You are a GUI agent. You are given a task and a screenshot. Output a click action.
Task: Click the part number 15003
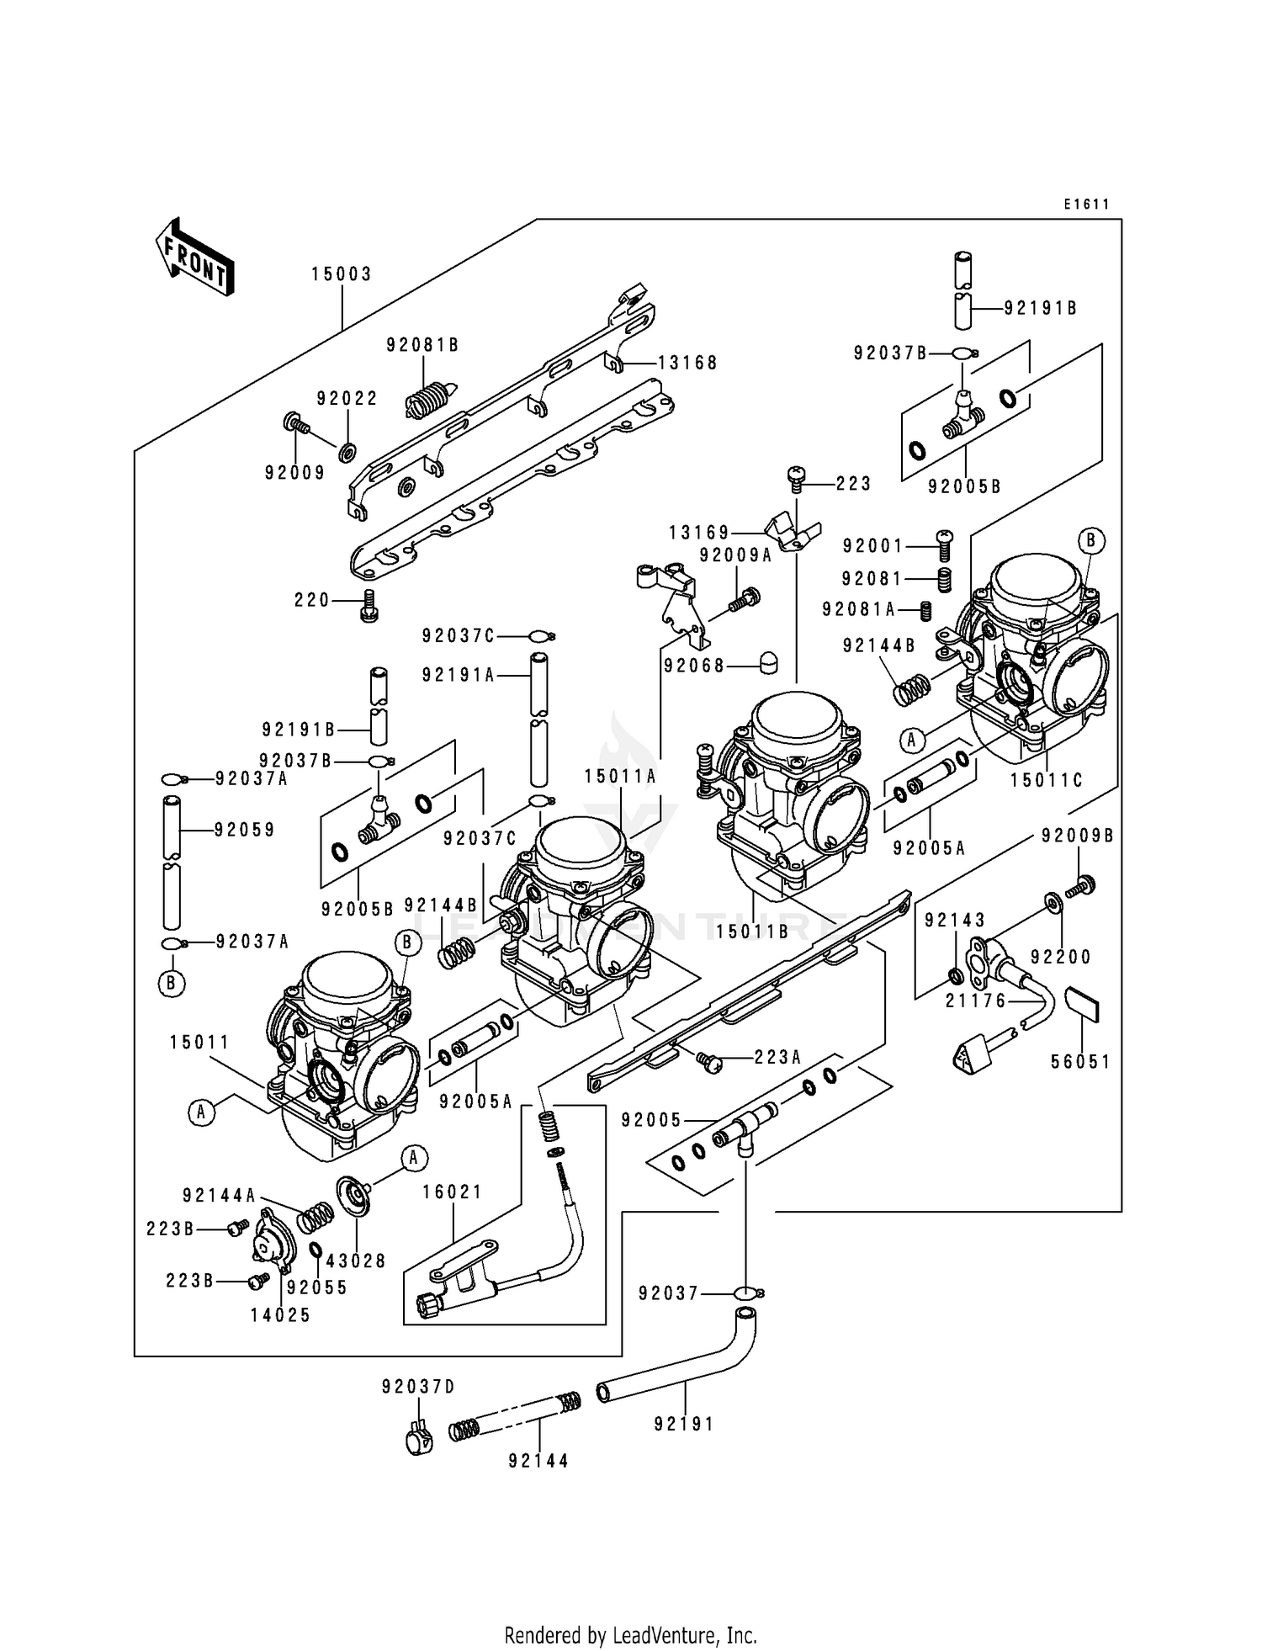pyautogui.click(x=341, y=274)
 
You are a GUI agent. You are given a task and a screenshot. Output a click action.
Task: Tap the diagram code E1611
pyautogui.click(x=1085, y=204)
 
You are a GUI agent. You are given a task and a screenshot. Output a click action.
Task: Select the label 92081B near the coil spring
pyautogui.click(x=422, y=345)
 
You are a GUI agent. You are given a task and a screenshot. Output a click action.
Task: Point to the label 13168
pyautogui.click(x=687, y=363)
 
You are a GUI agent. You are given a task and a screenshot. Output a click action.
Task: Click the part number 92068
pyautogui.click(x=694, y=666)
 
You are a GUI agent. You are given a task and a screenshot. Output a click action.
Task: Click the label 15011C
pyautogui.click(x=1047, y=780)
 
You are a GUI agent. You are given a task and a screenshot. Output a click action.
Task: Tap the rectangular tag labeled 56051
pyautogui.click(x=1081, y=1004)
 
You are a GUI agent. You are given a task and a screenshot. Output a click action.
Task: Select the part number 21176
pyautogui.click(x=976, y=1001)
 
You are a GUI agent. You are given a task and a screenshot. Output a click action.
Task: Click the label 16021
pyautogui.click(x=453, y=1192)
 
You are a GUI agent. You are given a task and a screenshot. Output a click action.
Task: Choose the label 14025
pyautogui.click(x=280, y=1315)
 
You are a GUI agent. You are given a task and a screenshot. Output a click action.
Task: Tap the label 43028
pyautogui.click(x=356, y=1261)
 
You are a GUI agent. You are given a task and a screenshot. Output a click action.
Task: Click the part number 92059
pyautogui.click(x=245, y=831)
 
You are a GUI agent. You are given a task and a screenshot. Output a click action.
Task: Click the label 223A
pyautogui.click(x=778, y=1058)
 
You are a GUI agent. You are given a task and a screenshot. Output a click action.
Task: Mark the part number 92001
pyautogui.click(x=873, y=546)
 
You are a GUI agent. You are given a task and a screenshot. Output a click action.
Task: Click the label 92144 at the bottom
pyautogui.click(x=538, y=1462)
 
